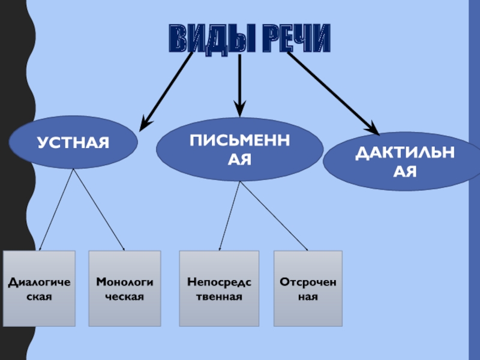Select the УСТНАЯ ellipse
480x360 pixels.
[73, 143]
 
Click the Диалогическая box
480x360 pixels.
[39, 289]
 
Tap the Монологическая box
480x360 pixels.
[125, 289]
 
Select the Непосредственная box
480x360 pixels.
[219, 289]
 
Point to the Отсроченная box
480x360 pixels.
[308, 289]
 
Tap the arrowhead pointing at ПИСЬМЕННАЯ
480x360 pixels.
[239, 110]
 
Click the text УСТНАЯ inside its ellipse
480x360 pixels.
[73, 143]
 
